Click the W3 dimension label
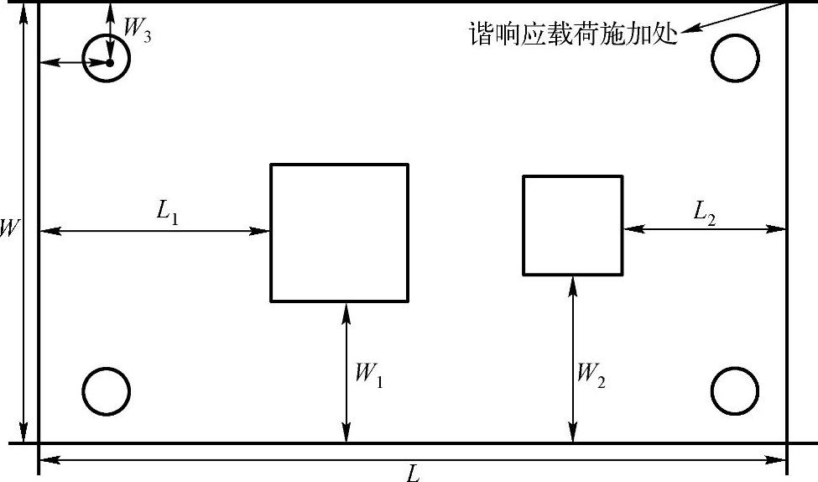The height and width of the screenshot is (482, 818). point(137,29)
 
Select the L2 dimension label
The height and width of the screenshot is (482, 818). point(704,212)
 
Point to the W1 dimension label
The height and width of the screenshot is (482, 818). point(369,375)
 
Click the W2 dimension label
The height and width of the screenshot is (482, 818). point(591,375)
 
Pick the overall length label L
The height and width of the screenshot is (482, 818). point(413,473)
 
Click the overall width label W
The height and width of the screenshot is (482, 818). point(10,228)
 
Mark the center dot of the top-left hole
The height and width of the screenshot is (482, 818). point(110,63)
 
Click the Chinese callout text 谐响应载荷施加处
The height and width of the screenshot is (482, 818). point(573,34)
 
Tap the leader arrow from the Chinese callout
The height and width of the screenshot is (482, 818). point(734,18)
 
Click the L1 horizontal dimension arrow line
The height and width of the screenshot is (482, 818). point(155,230)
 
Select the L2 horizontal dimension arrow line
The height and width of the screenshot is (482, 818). point(705,228)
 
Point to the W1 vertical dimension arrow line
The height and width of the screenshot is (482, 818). point(346,372)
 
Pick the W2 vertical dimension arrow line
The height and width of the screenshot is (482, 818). point(573,359)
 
